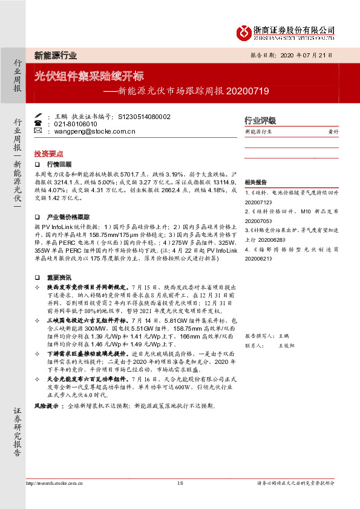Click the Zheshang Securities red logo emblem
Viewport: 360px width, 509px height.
pyautogui.click(x=243, y=31)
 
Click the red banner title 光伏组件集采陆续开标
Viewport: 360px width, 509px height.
pyautogui.click(x=88, y=77)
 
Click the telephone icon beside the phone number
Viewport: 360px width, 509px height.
pyautogui.click(x=38, y=123)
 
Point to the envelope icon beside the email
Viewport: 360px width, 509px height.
pyautogui.click(x=38, y=130)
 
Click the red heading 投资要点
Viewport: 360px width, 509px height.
pyautogui.click(x=48, y=154)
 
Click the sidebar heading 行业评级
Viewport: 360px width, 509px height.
pyautogui.click(x=260, y=120)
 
